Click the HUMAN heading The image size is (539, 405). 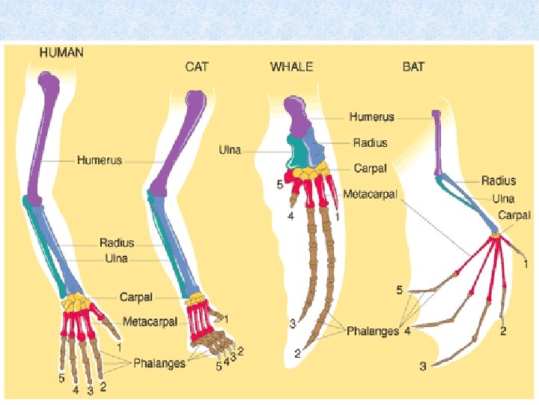point(61,52)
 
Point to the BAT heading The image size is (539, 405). point(413,67)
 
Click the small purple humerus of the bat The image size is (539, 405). point(436,135)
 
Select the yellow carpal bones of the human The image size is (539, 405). point(77,303)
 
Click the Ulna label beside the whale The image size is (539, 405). point(230,150)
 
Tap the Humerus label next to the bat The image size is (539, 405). point(371,117)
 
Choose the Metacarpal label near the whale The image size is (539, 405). point(371,194)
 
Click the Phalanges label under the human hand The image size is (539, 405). point(159,364)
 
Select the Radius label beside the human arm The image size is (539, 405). point(117,242)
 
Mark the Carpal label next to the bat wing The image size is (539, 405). point(515,214)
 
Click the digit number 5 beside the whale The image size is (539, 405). point(279,184)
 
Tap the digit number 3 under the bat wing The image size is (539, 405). point(423,366)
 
